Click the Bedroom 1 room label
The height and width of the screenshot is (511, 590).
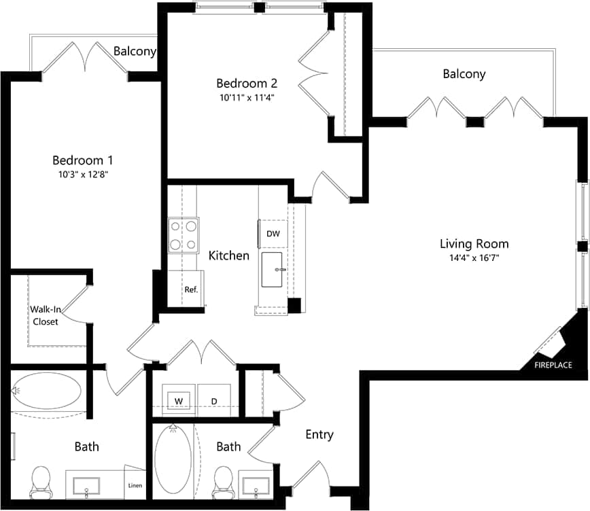point(82,160)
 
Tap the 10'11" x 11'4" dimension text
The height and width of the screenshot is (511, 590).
point(246,97)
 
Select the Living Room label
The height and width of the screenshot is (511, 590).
point(474,244)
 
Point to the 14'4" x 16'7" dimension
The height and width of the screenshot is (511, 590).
point(474,258)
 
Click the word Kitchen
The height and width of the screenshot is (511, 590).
point(228,256)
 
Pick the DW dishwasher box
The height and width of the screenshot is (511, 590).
point(273,234)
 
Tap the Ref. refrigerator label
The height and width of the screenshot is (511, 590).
point(191,289)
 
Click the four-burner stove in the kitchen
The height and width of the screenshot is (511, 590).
point(184,235)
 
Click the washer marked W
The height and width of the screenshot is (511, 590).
point(179,401)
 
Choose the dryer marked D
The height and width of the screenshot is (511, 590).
point(213,401)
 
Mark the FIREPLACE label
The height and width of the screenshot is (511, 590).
point(553,365)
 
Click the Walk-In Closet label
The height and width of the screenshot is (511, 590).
point(44,315)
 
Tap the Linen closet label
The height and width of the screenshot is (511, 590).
point(135,485)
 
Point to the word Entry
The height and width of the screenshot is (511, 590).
point(319,434)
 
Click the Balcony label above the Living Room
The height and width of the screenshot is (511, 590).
point(464,74)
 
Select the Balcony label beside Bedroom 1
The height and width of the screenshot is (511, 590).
point(135,51)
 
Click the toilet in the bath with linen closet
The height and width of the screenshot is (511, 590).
point(41,480)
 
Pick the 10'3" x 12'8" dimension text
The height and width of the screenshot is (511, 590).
point(82,174)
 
